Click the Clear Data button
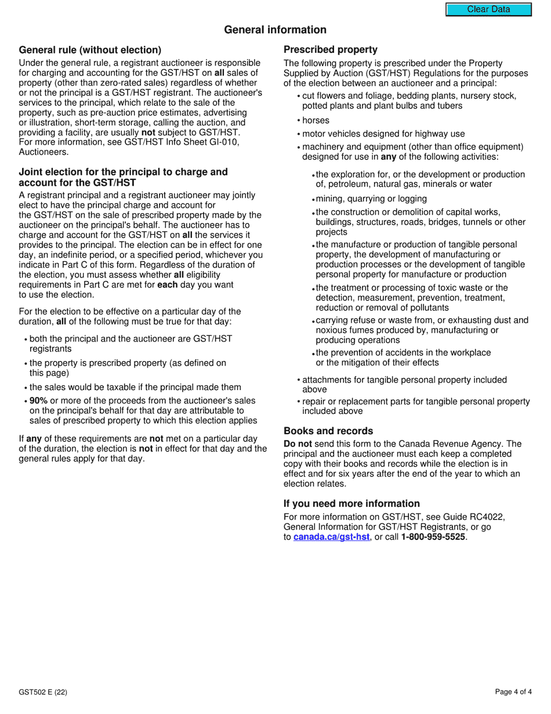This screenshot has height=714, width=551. pos(488,9)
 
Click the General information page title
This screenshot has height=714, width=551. pos(275,30)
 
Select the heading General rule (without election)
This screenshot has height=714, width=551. pos(90,50)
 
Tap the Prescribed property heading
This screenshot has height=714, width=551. pos(330,50)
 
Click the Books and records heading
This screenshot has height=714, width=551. pos(328,431)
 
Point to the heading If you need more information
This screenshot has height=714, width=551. pos(351,503)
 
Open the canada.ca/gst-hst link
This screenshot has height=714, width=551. pos(331,537)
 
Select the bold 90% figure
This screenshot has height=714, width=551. pos(38,401)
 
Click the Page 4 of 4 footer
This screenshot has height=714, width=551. pos(513,692)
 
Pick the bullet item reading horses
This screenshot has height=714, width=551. pos(316,120)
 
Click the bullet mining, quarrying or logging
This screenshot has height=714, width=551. pos(371,199)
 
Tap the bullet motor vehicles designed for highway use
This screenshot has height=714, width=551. pos(383,134)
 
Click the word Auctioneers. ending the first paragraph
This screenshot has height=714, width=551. pos(43,152)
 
